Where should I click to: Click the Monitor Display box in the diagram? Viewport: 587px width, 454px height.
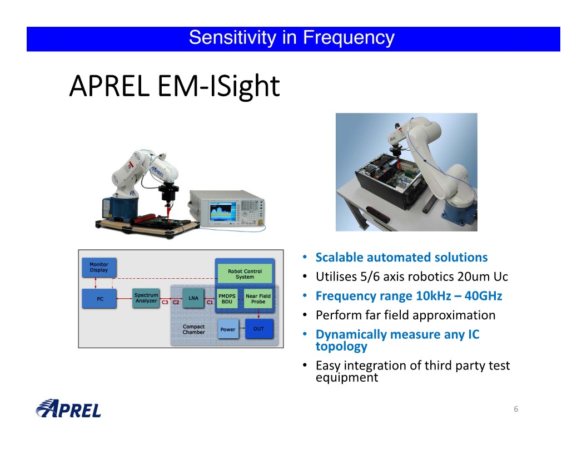point(99,268)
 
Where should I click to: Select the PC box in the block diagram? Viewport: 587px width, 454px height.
point(99,299)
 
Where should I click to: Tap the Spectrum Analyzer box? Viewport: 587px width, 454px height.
point(146,298)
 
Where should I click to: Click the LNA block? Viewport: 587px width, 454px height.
point(193,298)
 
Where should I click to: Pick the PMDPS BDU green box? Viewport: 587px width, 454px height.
point(227,299)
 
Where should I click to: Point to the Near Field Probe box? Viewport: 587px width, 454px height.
point(258,299)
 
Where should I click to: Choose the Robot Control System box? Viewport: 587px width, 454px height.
point(245,274)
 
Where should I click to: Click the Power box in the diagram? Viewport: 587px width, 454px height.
point(227,329)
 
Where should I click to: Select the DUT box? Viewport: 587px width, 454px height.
point(258,329)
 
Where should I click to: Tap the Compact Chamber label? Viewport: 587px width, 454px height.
point(193,329)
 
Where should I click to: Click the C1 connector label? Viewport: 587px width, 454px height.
point(210,302)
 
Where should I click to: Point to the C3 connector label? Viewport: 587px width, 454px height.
point(165,302)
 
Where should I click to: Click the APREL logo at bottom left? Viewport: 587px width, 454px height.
point(68,409)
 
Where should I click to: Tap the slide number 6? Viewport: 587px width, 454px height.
point(516,409)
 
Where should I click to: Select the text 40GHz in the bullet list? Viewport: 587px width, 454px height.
point(483,296)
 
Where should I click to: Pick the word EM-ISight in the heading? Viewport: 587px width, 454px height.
point(218,87)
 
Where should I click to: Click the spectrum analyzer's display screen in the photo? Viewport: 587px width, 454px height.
point(223,211)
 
